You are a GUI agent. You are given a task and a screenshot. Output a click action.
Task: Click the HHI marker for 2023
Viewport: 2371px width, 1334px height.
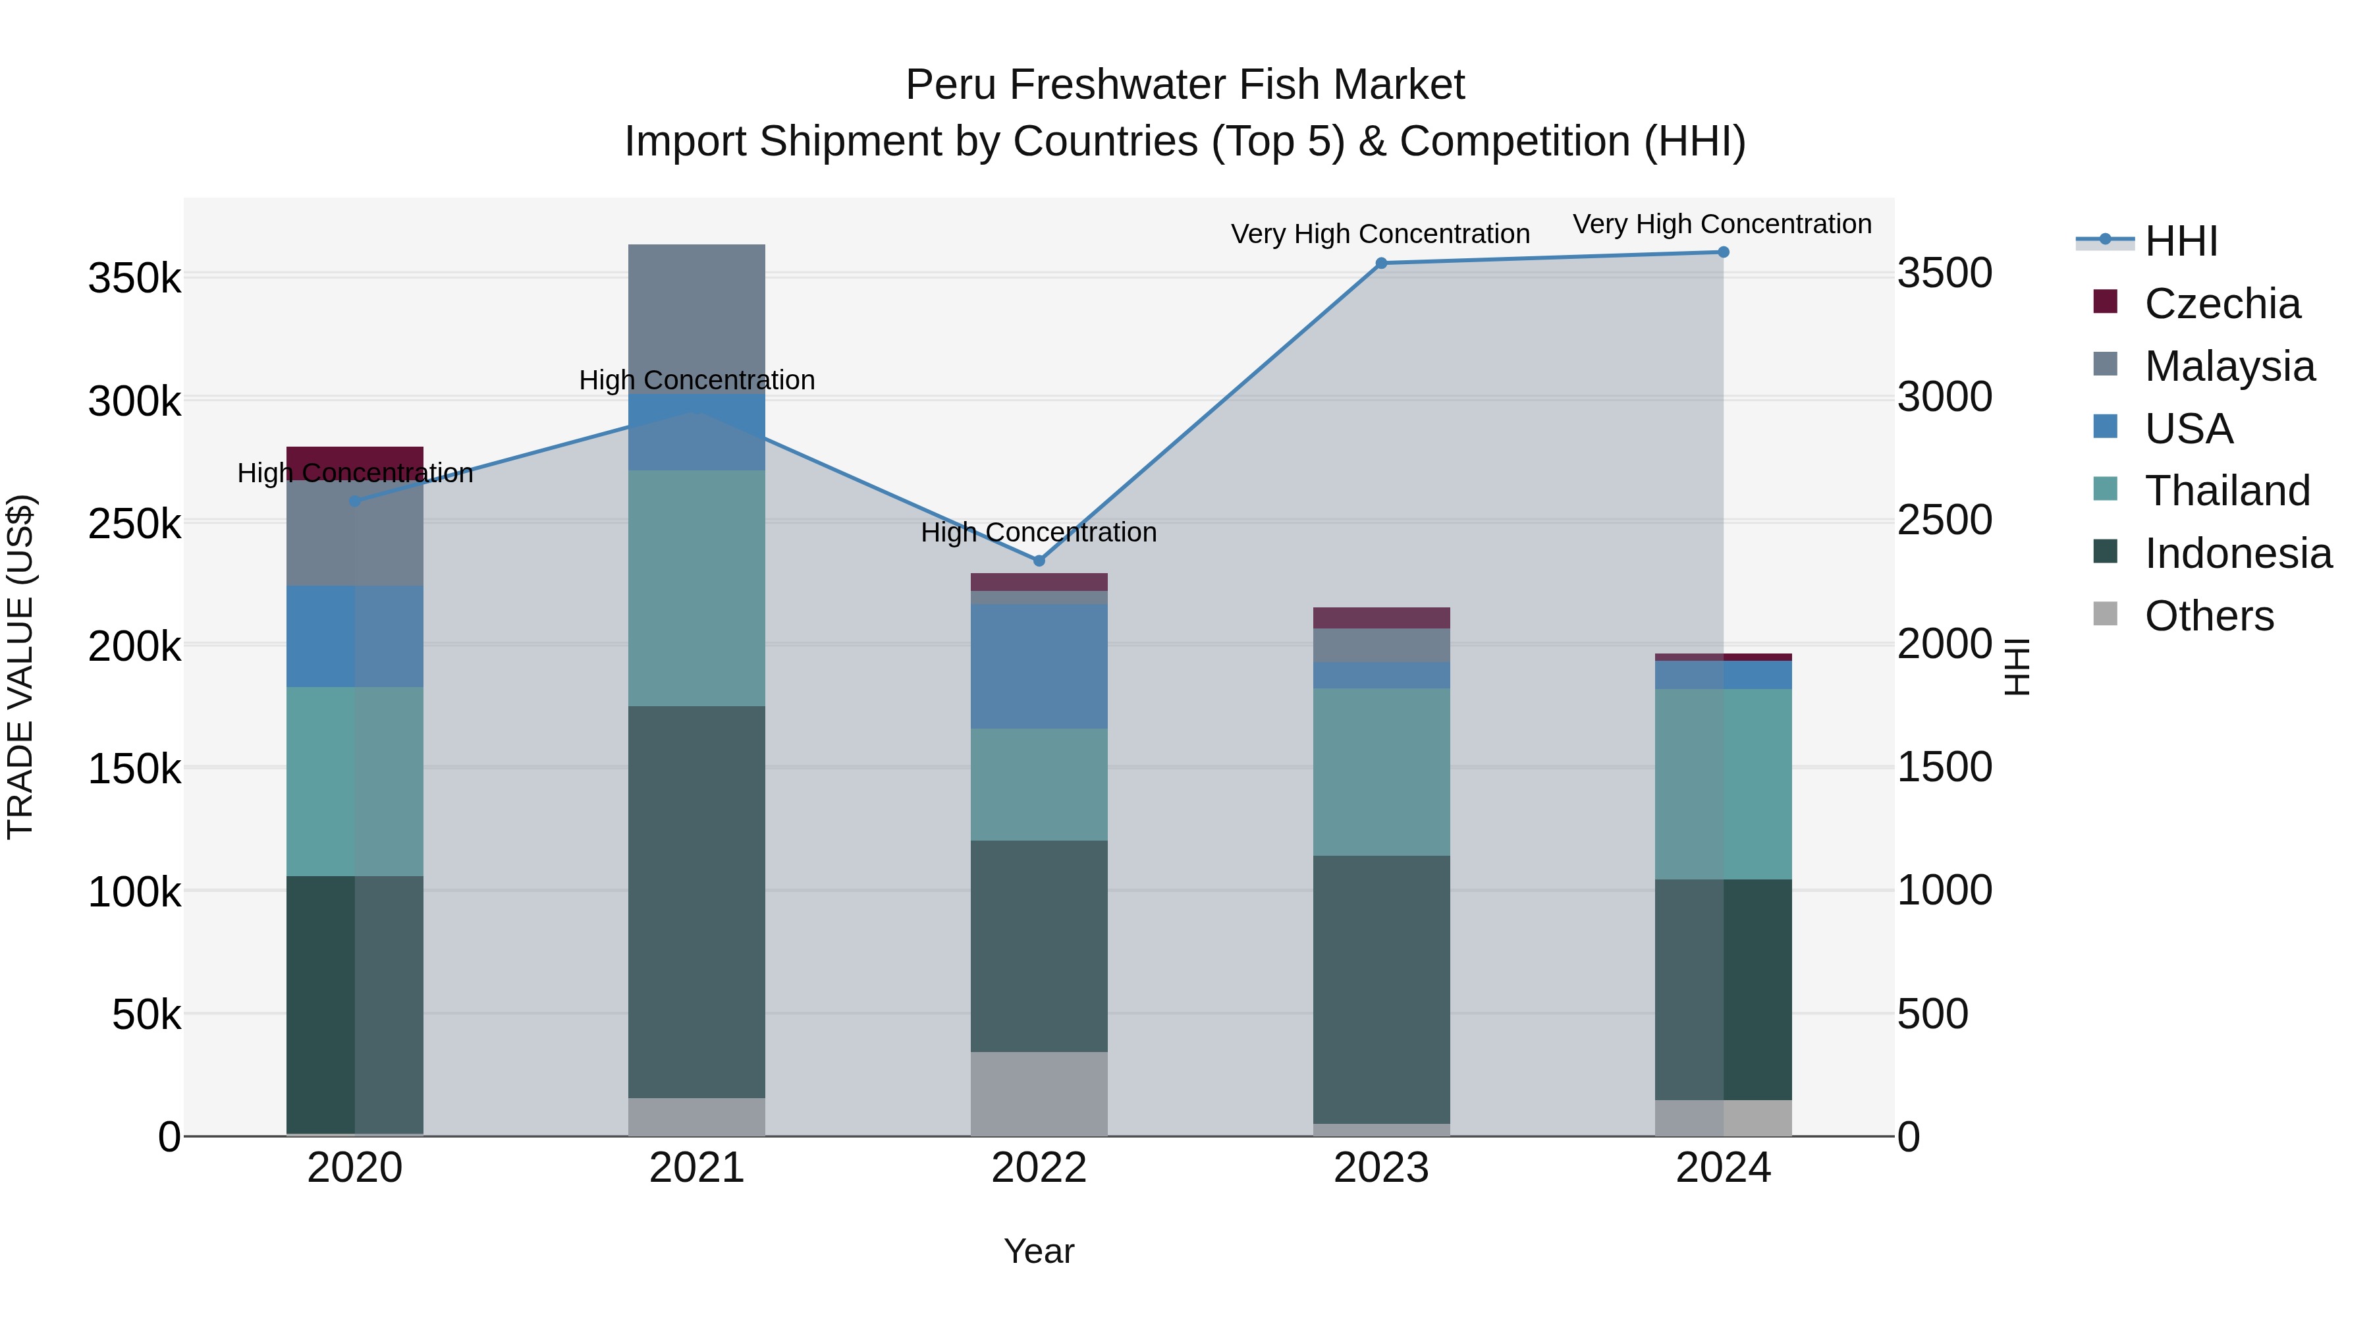pyautogui.click(x=1380, y=264)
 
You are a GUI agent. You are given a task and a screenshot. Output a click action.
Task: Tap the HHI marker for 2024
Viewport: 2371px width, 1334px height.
pyautogui.click(x=1723, y=252)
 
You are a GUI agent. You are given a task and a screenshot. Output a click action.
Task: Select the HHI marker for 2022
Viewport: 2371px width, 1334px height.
pyautogui.click(x=1039, y=561)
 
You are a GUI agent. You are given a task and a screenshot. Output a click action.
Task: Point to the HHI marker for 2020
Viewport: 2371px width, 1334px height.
pyautogui.click(x=355, y=501)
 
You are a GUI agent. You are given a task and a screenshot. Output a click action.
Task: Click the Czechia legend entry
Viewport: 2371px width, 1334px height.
pyautogui.click(x=2222, y=304)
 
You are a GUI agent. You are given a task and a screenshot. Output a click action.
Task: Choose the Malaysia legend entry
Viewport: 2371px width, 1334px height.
pyautogui.click(x=2229, y=366)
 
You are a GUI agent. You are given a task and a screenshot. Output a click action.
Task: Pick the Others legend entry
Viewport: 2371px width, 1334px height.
pyautogui.click(x=2209, y=616)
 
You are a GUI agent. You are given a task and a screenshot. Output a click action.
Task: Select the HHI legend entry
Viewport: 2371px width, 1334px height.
pyautogui.click(x=2181, y=241)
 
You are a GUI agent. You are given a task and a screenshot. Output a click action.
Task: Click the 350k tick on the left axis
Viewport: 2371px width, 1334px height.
pyautogui.click(x=134, y=278)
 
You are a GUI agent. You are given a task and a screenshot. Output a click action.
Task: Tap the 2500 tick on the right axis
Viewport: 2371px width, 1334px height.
pyautogui.click(x=1945, y=521)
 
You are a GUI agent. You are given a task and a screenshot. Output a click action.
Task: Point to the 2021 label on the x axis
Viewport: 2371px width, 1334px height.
pyautogui.click(x=697, y=1168)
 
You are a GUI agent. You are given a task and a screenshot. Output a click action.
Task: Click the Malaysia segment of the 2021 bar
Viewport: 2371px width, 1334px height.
pyautogui.click(x=697, y=318)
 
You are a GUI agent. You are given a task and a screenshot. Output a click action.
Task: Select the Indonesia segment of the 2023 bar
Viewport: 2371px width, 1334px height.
pyautogui.click(x=1380, y=989)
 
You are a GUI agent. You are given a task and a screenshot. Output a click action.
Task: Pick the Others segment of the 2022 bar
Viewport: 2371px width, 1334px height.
pyautogui.click(x=1039, y=1094)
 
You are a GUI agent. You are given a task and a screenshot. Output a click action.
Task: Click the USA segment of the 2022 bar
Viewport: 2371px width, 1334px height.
pyautogui.click(x=1039, y=667)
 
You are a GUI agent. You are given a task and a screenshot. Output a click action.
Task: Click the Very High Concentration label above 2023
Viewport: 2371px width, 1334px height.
pyautogui.click(x=1380, y=235)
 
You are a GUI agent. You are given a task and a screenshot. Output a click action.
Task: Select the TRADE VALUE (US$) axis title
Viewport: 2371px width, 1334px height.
pyautogui.click(x=21, y=667)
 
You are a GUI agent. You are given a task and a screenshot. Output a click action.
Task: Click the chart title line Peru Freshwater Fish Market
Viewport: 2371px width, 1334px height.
pyautogui.click(x=1185, y=85)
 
